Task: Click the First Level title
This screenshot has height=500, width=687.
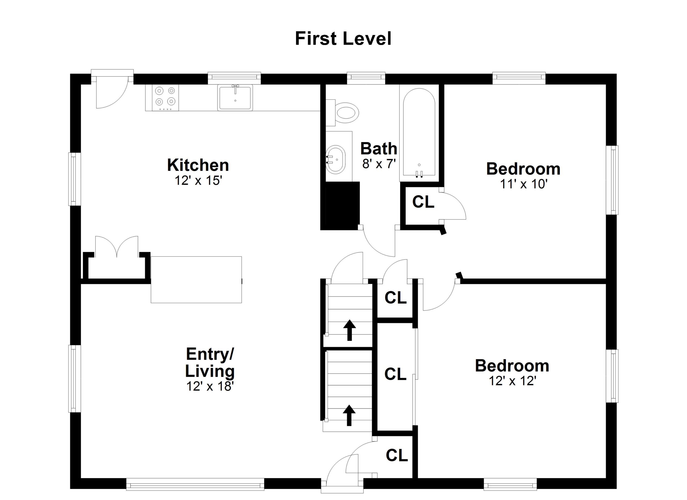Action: point(343,39)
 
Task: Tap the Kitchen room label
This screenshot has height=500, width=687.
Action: point(198,165)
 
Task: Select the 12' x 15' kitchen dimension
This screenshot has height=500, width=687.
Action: point(198,181)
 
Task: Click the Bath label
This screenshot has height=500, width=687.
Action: point(379,148)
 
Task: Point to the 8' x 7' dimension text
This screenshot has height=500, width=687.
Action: point(379,164)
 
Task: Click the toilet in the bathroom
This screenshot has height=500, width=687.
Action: point(343,113)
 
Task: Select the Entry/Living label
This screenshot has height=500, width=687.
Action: point(210,363)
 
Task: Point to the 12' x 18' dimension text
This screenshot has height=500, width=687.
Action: point(210,386)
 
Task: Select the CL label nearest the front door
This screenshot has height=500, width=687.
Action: point(397,455)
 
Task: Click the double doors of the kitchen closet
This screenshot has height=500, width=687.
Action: point(117,247)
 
